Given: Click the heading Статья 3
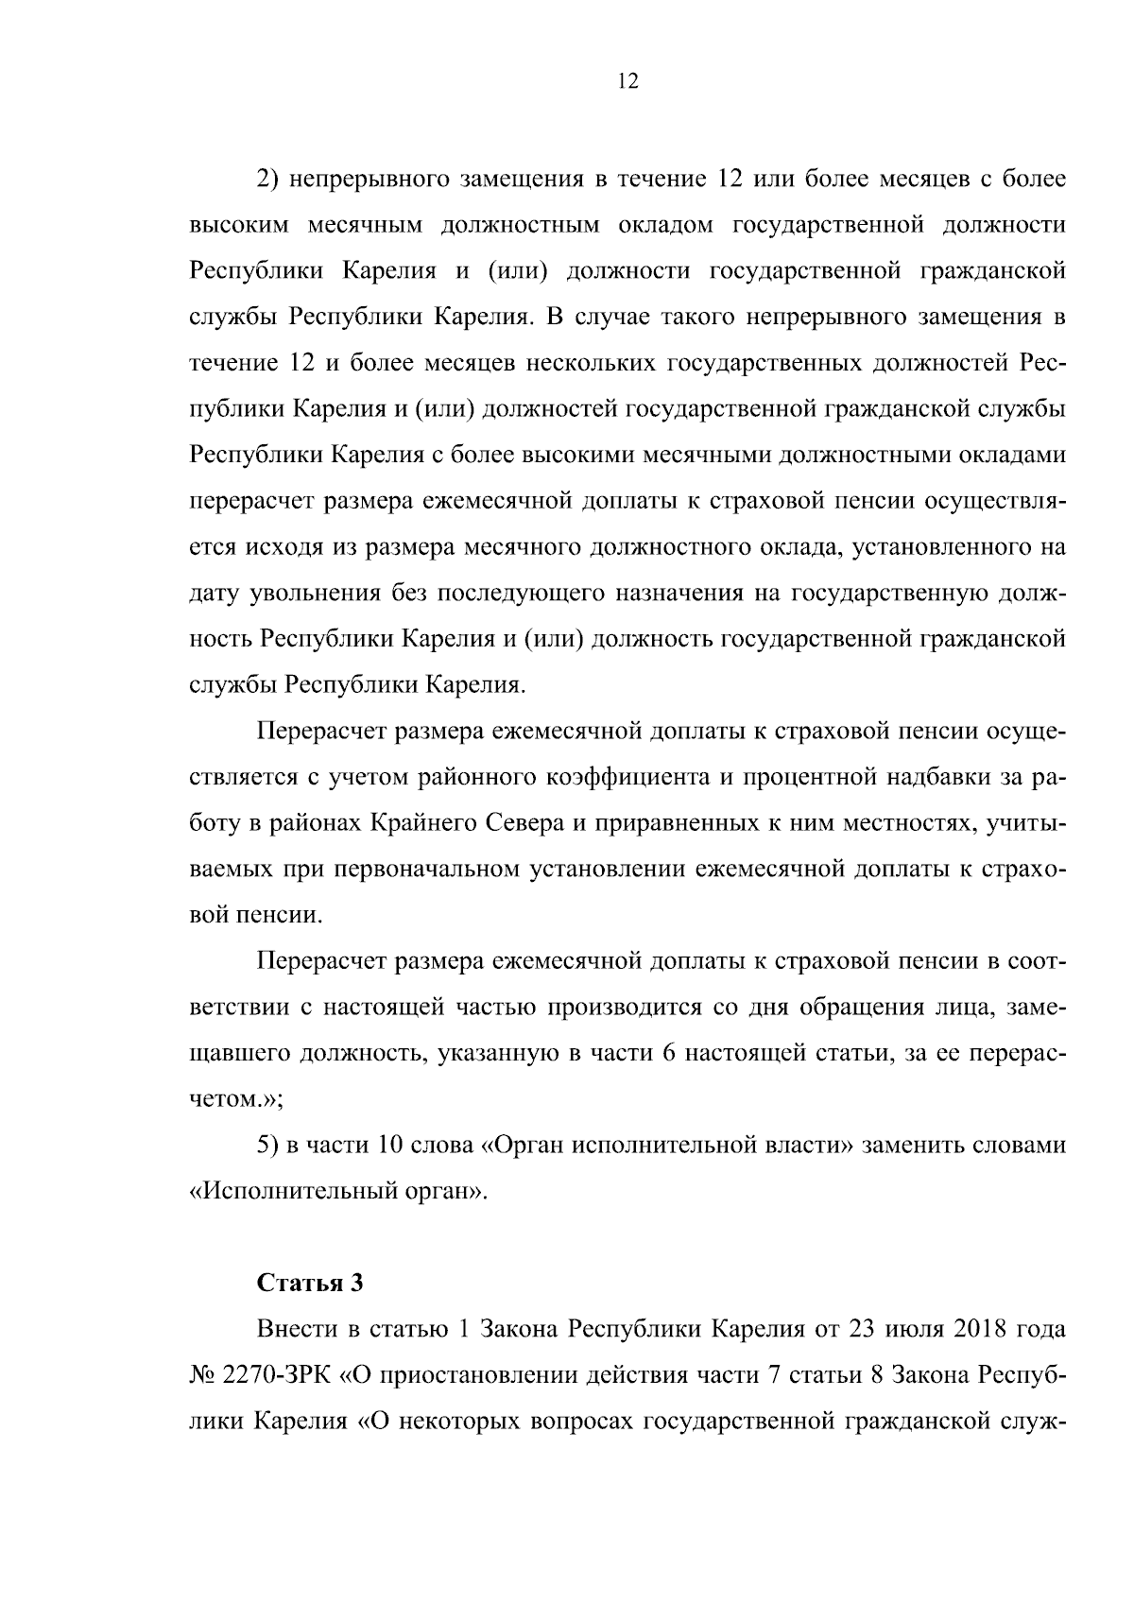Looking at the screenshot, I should point(310,1283).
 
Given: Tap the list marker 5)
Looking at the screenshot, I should point(268,1146).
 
